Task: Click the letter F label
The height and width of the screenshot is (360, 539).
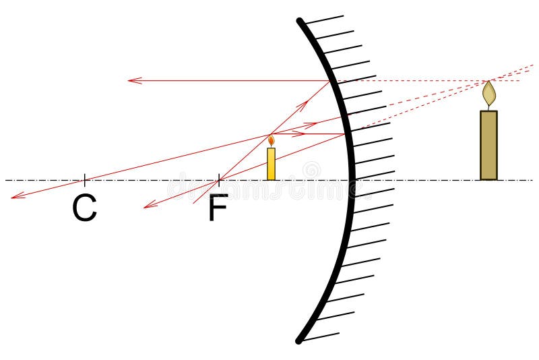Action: (x=218, y=208)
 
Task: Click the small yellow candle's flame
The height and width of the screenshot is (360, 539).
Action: (x=271, y=141)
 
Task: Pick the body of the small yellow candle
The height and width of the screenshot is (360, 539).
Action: (x=271, y=164)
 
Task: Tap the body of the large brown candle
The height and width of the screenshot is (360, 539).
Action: (x=488, y=145)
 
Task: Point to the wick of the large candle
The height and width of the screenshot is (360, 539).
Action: (x=488, y=107)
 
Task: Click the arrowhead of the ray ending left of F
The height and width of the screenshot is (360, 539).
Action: (x=146, y=206)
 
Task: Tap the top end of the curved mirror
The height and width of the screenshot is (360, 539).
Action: (x=300, y=22)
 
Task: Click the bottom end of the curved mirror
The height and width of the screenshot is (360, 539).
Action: (x=299, y=340)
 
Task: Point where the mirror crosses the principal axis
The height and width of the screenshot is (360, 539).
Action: (x=351, y=180)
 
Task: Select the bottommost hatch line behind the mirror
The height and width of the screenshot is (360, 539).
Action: (x=320, y=336)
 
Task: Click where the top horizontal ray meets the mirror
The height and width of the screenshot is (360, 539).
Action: (x=331, y=81)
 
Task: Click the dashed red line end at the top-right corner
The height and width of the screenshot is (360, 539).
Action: (x=532, y=65)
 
